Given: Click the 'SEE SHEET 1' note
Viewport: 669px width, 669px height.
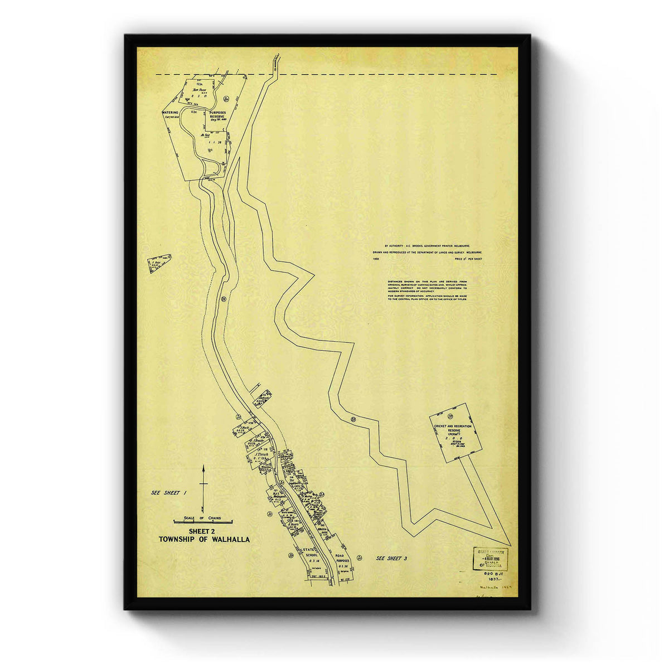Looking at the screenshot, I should pyautogui.click(x=168, y=493).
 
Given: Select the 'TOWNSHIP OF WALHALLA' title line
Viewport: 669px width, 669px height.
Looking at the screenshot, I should pyautogui.click(x=204, y=540).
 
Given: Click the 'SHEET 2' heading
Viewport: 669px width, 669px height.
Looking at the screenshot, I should pyautogui.click(x=203, y=531).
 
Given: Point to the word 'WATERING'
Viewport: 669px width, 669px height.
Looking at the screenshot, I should pyautogui.click(x=170, y=112).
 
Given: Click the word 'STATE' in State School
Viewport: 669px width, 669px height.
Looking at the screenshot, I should pyautogui.click(x=309, y=551).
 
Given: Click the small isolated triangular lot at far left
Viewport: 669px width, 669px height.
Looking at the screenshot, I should pyautogui.click(x=159, y=263).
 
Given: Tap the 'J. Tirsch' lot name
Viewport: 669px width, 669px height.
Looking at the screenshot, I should pyautogui.click(x=261, y=454).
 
